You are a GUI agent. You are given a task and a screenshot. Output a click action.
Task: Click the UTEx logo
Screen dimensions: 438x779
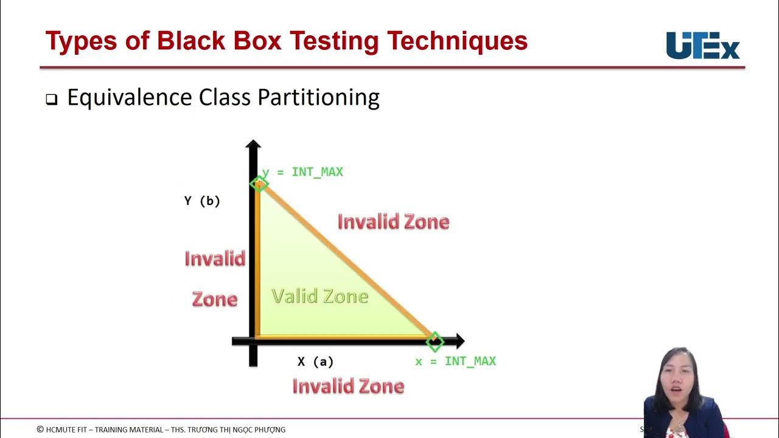point(703,46)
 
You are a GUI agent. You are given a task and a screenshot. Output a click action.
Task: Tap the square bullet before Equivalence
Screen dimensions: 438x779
point(51,100)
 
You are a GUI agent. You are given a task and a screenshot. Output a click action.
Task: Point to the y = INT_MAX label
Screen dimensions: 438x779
point(303,172)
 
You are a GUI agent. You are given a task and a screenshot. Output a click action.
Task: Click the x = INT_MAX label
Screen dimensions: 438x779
point(455,361)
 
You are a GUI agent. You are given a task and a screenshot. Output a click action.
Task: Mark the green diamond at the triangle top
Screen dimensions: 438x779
point(259,184)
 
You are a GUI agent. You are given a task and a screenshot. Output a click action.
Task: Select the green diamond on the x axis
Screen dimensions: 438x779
point(435,341)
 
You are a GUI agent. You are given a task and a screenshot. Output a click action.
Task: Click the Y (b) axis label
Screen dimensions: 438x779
point(202,201)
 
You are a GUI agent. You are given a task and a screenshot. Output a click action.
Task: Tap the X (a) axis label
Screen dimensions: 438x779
point(315,362)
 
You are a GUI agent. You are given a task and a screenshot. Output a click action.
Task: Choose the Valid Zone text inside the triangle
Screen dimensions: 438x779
point(320,296)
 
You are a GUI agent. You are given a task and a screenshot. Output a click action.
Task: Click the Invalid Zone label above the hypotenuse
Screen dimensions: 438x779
point(393,222)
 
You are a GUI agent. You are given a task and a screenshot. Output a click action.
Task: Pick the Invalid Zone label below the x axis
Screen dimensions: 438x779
point(348,386)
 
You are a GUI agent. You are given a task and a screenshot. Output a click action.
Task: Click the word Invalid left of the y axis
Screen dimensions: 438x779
point(215,259)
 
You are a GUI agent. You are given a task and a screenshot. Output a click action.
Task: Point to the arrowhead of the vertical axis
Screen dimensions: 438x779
point(253,145)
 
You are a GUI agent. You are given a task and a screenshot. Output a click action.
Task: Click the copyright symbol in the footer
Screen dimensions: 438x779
point(40,429)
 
